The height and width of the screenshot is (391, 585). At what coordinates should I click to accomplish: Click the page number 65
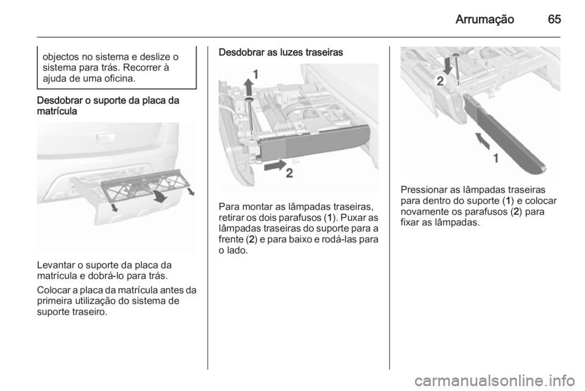555,19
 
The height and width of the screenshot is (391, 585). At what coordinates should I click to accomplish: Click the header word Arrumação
484,19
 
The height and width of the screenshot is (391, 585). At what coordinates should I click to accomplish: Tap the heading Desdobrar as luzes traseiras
280,52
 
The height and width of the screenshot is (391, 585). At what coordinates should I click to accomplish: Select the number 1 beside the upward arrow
256,75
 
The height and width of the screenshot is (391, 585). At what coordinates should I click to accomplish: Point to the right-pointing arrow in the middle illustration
275,166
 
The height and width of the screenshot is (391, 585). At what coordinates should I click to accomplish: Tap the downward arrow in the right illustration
448,65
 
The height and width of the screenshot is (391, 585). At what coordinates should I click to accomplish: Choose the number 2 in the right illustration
440,81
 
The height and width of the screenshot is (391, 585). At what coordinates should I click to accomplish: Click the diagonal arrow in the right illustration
483,141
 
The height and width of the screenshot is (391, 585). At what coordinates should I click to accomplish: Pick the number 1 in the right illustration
496,158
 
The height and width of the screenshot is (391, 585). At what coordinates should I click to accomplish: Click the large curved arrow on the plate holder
160,195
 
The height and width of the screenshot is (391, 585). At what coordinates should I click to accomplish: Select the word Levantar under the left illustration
56,266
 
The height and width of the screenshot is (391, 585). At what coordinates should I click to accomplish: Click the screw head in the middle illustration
249,99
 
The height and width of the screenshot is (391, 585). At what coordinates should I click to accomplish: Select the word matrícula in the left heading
57,111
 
